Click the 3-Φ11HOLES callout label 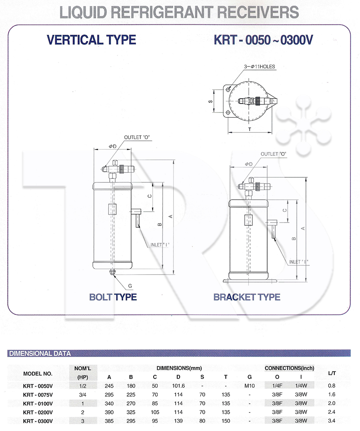(x=260, y=66)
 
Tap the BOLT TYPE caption (x=113, y=297)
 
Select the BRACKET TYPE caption (x=247, y=297)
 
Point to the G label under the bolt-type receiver (x=130, y=286)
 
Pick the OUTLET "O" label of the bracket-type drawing (x=274, y=154)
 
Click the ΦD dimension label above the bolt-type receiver (x=112, y=146)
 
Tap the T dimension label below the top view (x=250, y=129)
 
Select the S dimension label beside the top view (x=210, y=101)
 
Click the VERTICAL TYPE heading (x=92, y=40)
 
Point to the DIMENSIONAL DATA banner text (x=40, y=353)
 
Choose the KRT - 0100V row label (x=38, y=404)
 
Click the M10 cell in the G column (x=250, y=386)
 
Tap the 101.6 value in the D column (x=178, y=386)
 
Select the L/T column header (x=332, y=373)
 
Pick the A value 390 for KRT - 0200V (x=109, y=412)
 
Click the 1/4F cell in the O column (x=277, y=386)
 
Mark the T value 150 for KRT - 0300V (x=226, y=421)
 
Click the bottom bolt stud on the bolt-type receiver (x=112, y=272)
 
